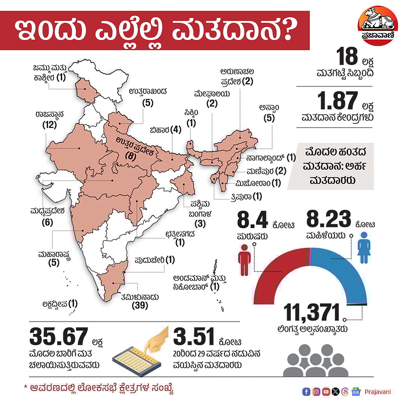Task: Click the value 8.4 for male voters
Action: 252,220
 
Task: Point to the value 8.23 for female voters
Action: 328,220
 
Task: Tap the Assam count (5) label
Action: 269,118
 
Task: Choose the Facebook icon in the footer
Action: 306,392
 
